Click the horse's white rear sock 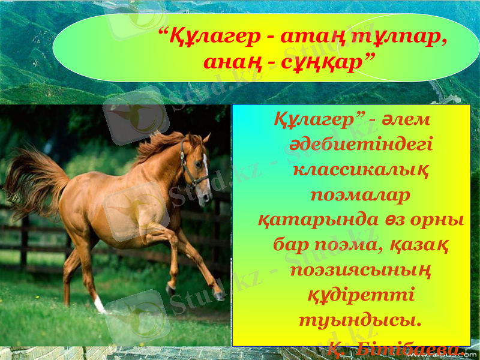coord(100,305)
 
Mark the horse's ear coord(206,139)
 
